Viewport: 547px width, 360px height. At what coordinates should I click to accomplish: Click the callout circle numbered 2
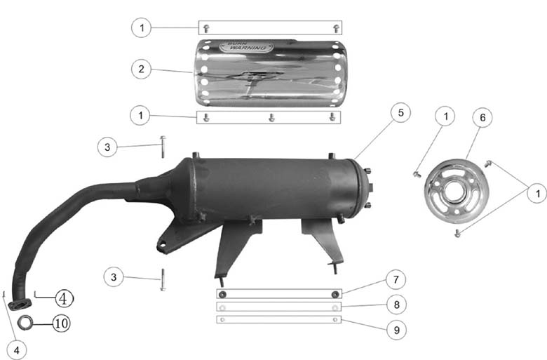pyautogui.click(x=141, y=69)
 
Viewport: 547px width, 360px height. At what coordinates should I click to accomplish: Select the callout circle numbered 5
pyautogui.click(x=400, y=112)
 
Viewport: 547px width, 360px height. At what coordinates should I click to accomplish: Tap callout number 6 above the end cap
pyautogui.click(x=482, y=117)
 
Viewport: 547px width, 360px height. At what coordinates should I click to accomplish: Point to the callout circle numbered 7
pyautogui.click(x=396, y=279)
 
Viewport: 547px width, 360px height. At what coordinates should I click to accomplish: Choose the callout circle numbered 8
pyautogui.click(x=396, y=305)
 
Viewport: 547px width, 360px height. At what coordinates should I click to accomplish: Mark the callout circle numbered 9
pyautogui.click(x=397, y=330)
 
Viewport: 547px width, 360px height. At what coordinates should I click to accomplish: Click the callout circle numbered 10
pyautogui.click(x=62, y=324)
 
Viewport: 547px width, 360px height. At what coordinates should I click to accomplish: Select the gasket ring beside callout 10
pyautogui.click(x=25, y=322)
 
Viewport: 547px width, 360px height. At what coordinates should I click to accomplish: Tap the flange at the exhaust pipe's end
pyautogui.click(x=20, y=305)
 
